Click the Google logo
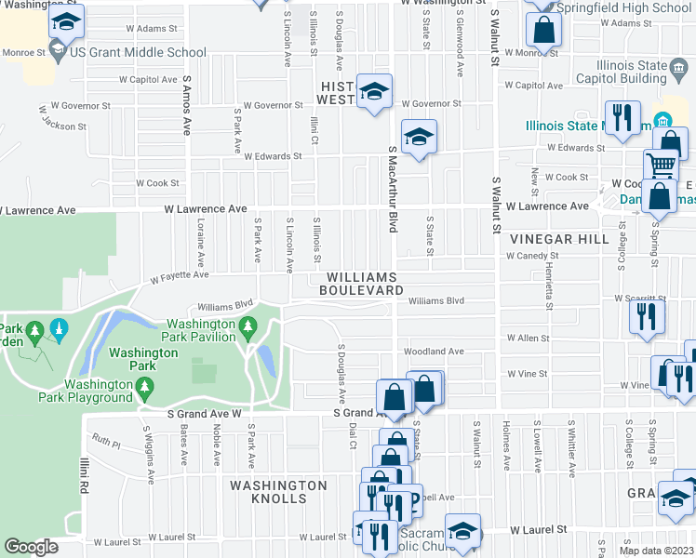pos(31,547)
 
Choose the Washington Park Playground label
pos(99,391)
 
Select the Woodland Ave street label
pos(433,352)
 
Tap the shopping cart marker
pos(662,165)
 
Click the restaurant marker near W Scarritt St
pos(646,315)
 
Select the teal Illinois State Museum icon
pos(663,121)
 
